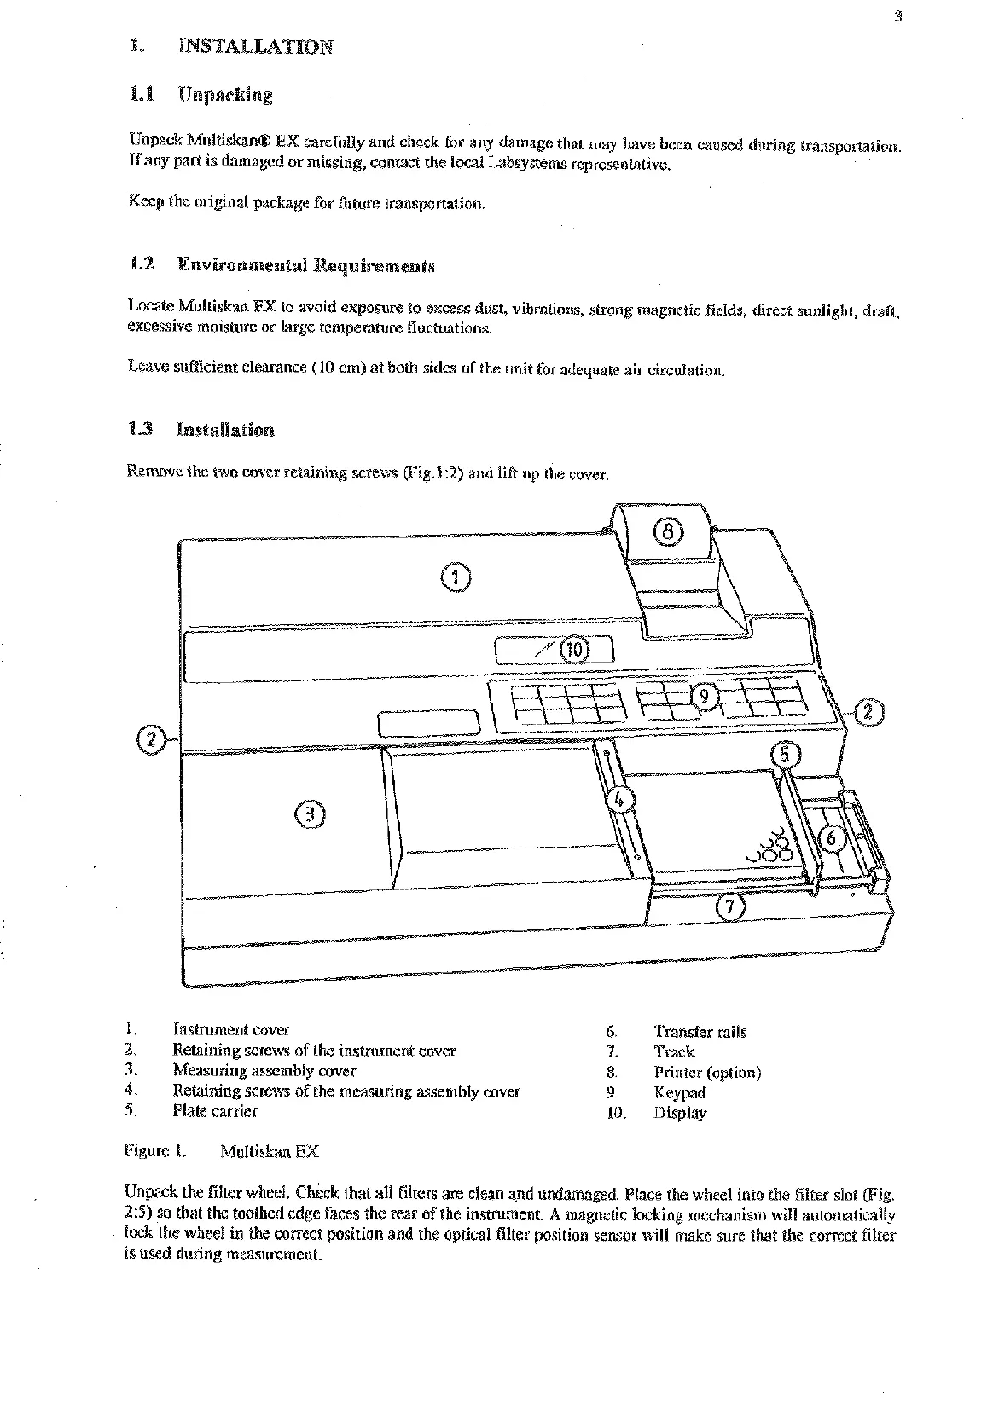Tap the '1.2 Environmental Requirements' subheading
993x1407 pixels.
[281, 264]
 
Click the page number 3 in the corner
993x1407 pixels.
[898, 14]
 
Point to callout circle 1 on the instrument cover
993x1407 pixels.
[455, 577]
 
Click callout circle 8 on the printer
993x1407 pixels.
[669, 532]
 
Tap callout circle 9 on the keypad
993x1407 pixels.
[705, 697]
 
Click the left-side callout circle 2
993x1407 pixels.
[151, 738]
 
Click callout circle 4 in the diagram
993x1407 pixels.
[621, 800]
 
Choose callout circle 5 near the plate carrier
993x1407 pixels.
[787, 756]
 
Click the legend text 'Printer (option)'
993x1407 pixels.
[707, 1072]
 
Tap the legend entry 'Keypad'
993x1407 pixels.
[680, 1092]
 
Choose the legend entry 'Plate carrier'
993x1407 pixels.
[214, 1111]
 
